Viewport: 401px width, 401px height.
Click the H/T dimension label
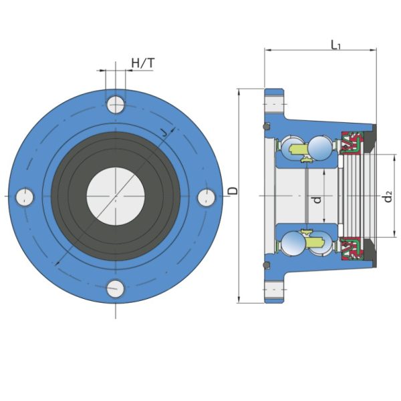tap(142, 63)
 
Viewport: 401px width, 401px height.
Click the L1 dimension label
tap(336, 45)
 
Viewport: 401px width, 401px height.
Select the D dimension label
tap(232, 191)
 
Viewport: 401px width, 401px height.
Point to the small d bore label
tap(317, 198)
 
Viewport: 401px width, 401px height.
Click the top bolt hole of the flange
tap(116, 104)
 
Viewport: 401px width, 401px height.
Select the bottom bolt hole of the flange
tap(116, 289)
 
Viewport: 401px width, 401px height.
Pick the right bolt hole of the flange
tap(207, 197)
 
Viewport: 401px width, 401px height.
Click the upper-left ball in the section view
tap(291, 147)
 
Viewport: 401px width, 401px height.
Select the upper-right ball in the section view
tap(321, 147)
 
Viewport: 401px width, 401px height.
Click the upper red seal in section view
tap(351, 143)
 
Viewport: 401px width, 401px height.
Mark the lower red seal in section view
tap(351, 248)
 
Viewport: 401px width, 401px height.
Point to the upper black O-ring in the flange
tap(267, 126)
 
